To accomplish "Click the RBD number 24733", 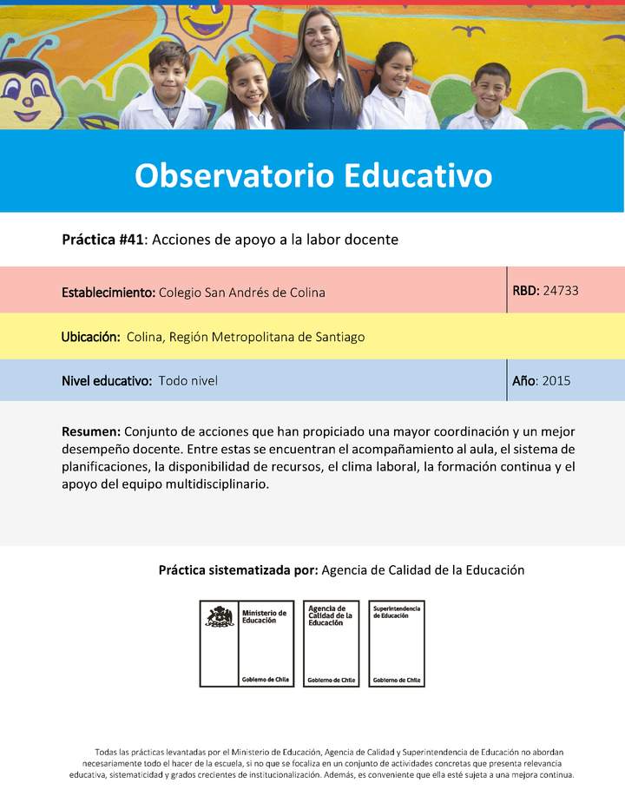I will click(x=561, y=291).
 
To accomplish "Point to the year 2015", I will click(x=556, y=380).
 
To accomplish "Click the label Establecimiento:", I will click(x=109, y=293).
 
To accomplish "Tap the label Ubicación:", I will click(x=90, y=337).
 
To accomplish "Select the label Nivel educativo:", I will click(x=107, y=380).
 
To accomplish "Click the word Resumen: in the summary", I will click(x=91, y=431).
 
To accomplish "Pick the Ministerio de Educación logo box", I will click(x=247, y=643).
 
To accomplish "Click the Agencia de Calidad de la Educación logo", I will click(x=331, y=643).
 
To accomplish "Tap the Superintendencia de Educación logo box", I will click(x=397, y=643).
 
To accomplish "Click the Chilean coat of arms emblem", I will click(x=219, y=617).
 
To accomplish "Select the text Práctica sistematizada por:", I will click(x=238, y=570).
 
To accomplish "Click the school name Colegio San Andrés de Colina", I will click(x=242, y=293).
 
